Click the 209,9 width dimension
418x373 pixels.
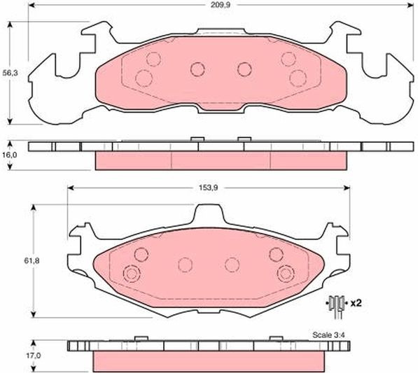point(220,5)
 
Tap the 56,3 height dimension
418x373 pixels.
point(10,73)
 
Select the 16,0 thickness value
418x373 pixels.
point(10,155)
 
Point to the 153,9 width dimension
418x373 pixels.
point(208,188)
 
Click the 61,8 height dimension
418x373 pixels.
point(32,261)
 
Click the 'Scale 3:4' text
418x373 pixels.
point(328,335)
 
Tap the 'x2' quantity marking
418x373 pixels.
point(356,303)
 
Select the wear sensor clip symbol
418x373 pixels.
point(337,307)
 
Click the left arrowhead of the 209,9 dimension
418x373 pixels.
point(32,6)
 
